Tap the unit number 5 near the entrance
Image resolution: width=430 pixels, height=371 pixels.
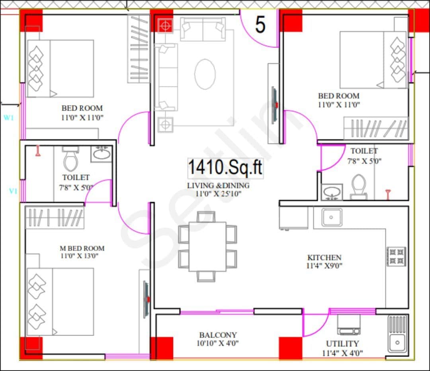pos(260,25)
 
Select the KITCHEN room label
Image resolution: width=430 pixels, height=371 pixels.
pos(324,258)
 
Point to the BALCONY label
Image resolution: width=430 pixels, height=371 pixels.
pos(218,335)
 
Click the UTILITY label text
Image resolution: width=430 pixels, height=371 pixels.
pos(342,344)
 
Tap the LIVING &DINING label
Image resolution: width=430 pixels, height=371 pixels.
pos(218,185)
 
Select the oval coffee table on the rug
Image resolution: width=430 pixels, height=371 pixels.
pos(205,74)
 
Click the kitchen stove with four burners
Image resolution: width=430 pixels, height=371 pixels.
pos(396,256)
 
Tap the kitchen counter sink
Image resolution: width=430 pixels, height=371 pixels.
pos(332,217)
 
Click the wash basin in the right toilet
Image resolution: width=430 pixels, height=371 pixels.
pos(332,192)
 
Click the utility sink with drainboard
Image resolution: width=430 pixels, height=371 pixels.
pos(397,334)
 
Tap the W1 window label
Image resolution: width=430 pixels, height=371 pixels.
pos(8,118)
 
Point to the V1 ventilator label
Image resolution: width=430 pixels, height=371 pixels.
pos(13,191)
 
